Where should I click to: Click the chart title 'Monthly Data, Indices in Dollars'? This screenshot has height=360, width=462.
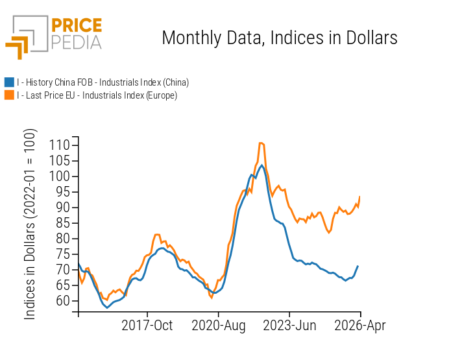point(279,38)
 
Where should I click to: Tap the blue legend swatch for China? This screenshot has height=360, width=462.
point(9,82)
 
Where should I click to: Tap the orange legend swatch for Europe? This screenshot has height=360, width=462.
point(9,95)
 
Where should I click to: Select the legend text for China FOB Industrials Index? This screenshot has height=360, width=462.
point(103,82)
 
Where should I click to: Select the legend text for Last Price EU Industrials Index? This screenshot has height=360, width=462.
point(97,95)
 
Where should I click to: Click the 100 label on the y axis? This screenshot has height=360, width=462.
point(60,176)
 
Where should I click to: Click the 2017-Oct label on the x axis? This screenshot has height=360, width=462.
point(147,326)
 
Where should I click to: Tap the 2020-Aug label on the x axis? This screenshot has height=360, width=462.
point(218,326)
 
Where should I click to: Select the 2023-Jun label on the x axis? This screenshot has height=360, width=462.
point(289,326)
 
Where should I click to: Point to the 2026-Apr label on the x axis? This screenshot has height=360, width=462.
point(360,326)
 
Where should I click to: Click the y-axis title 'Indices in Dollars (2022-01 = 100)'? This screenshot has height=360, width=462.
point(30,224)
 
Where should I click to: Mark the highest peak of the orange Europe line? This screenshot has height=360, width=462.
point(261,143)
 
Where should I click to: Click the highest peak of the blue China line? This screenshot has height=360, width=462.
point(262,165)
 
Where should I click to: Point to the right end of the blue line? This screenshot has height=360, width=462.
point(358,266)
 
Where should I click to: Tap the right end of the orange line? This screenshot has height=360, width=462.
point(359,197)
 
